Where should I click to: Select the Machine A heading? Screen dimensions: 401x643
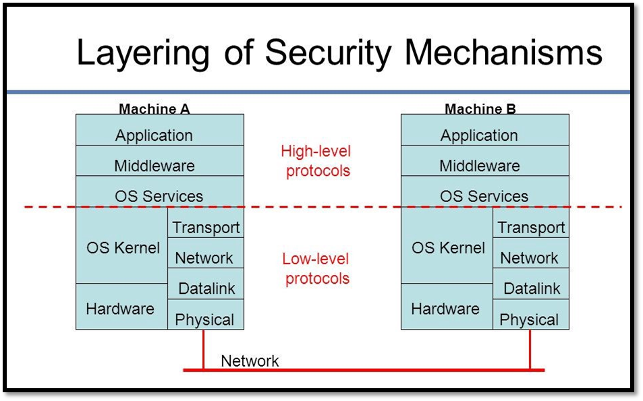pos(155,109)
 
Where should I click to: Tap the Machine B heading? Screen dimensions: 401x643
pos(480,109)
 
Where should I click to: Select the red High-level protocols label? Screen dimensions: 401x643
pos(316,161)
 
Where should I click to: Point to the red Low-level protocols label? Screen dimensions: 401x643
pos(316,268)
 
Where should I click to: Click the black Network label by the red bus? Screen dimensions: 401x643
pos(250,361)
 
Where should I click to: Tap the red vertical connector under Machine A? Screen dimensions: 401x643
pos(203,349)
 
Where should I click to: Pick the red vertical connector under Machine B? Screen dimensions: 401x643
pos(530,349)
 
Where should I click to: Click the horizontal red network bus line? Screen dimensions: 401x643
pos(364,370)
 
